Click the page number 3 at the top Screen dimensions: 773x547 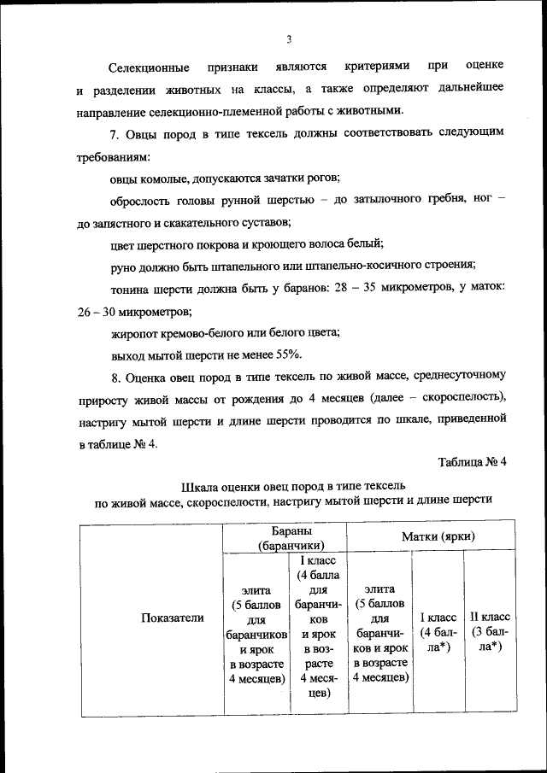coord(289,38)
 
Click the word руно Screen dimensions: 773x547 coord(124,266)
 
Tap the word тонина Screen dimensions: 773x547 coord(131,289)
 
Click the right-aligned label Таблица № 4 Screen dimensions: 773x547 coord(473,463)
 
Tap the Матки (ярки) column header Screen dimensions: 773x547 coord(438,536)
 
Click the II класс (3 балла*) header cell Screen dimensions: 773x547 coord(490,631)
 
